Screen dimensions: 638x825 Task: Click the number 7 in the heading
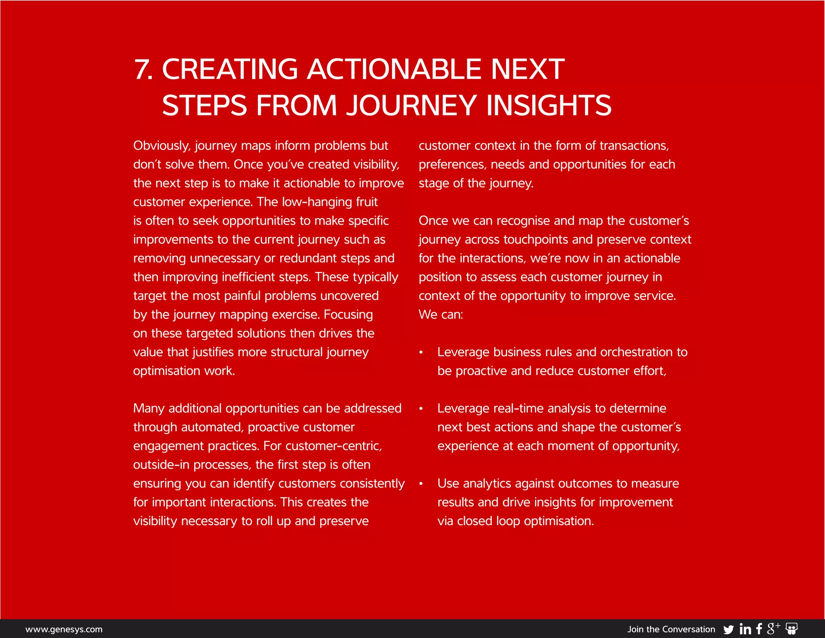point(142,69)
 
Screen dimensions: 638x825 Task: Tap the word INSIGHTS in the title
point(549,106)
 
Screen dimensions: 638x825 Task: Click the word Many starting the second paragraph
point(149,408)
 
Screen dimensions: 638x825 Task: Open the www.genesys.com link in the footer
point(64,629)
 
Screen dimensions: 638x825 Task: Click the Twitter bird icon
point(728,630)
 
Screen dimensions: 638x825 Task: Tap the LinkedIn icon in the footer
point(745,629)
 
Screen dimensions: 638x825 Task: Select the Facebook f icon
point(759,629)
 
